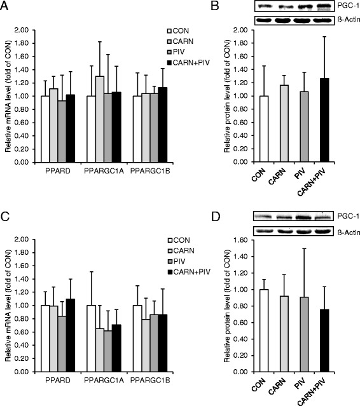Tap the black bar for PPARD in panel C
(70, 335)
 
